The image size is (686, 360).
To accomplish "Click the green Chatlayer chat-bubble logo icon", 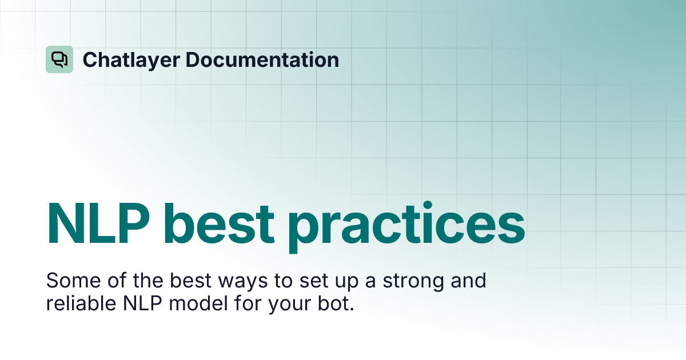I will (x=59, y=59).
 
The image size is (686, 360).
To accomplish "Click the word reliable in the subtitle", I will (x=80, y=303).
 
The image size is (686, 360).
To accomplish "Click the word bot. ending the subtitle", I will (x=335, y=303).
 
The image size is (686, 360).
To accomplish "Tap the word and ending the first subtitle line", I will (x=468, y=281).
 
